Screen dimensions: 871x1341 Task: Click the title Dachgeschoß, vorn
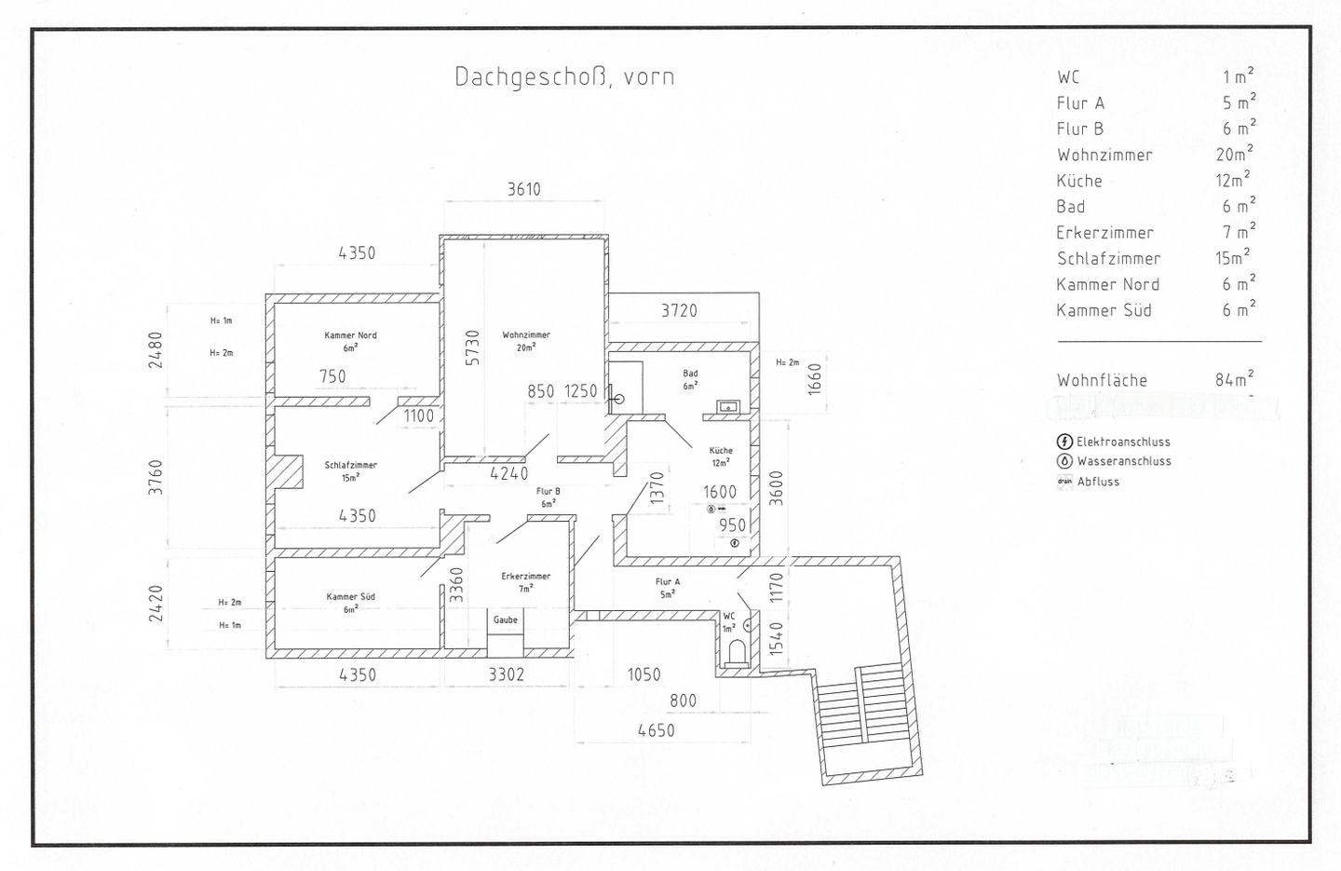point(564,76)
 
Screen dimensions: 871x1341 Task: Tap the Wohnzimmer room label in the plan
point(526,335)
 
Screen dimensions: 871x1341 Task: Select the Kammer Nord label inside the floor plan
point(350,335)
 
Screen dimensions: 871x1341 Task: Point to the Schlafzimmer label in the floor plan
point(350,465)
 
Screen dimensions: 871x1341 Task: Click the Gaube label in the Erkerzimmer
point(506,619)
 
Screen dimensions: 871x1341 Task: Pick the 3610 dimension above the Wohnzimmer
point(523,189)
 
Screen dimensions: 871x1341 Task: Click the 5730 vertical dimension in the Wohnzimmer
point(472,347)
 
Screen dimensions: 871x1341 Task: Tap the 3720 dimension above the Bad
point(679,310)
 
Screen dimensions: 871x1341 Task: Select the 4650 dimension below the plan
point(656,730)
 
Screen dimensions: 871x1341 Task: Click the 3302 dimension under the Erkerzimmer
point(507,674)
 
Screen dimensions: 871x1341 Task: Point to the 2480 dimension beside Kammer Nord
point(156,349)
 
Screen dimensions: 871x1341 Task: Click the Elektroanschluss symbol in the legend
point(1064,442)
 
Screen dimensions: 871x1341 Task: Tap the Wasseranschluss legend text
point(1124,461)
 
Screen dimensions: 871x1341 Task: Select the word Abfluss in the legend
point(1098,482)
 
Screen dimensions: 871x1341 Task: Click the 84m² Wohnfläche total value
point(1234,379)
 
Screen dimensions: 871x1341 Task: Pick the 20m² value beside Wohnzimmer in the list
point(1234,155)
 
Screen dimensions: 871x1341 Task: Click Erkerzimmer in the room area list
point(1104,233)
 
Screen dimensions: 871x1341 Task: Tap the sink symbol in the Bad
point(727,406)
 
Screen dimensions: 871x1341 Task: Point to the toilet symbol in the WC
point(737,650)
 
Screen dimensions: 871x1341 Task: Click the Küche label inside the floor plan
point(721,450)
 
